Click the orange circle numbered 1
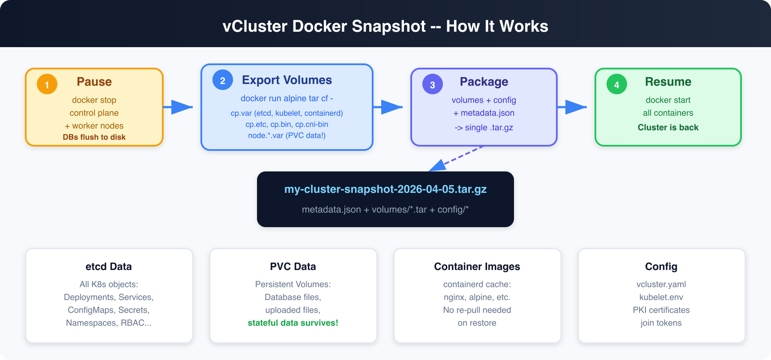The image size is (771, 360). click(x=47, y=84)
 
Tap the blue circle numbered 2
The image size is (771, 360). click(x=223, y=80)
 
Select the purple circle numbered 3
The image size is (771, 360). click(x=433, y=84)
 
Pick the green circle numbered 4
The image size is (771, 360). click(x=617, y=84)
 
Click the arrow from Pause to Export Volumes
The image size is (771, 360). click(x=178, y=107)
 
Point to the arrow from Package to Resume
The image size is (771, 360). click(x=572, y=107)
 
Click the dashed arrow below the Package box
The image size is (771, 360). click(x=457, y=159)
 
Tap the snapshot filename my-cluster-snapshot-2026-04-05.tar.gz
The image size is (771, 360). click(x=385, y=189)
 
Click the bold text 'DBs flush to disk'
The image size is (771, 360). click(x=94, y=137)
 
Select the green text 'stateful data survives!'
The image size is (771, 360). click(x=293, y=323)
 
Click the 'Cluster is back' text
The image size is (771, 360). click(x=668, y=127)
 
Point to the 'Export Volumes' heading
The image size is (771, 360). click(x=287, y=80)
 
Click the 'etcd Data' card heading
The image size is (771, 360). click(x=109, y=267)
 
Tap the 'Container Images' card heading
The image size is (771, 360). click(x=477, y=267)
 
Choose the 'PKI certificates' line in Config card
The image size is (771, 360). click(x=661, y=310)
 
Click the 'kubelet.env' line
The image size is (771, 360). click(x=661, y=297)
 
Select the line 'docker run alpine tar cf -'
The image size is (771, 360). click(x=287, y=98)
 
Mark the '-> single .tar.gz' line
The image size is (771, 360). click(x=484, y=127)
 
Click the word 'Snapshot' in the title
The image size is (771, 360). click(x=389, y=27)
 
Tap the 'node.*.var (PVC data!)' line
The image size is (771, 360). click(x=287, y=135)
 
